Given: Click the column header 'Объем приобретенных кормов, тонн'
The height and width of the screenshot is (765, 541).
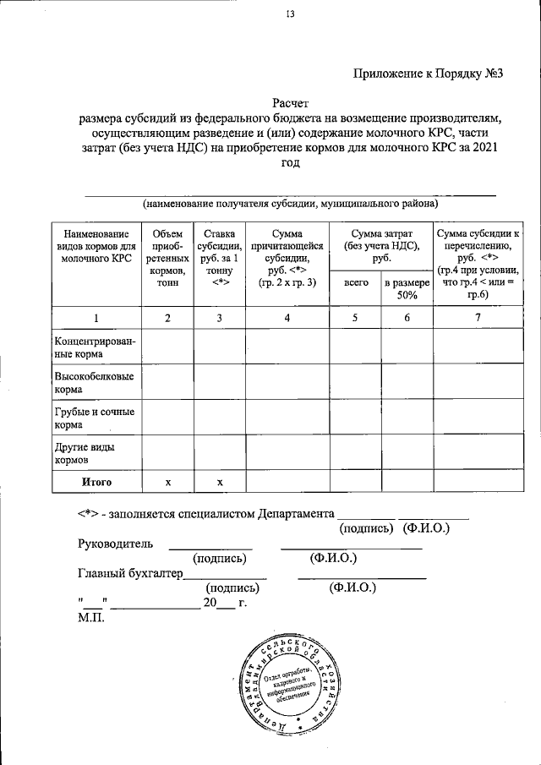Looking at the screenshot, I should (167, 258).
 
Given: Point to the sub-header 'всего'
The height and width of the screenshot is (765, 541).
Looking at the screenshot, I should (355, 284).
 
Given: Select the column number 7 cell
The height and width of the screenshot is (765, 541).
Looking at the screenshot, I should (478, 317).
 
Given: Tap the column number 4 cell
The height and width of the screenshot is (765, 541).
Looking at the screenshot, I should (287, 317).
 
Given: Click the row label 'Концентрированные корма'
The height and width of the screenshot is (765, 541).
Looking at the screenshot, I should (96, 347).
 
